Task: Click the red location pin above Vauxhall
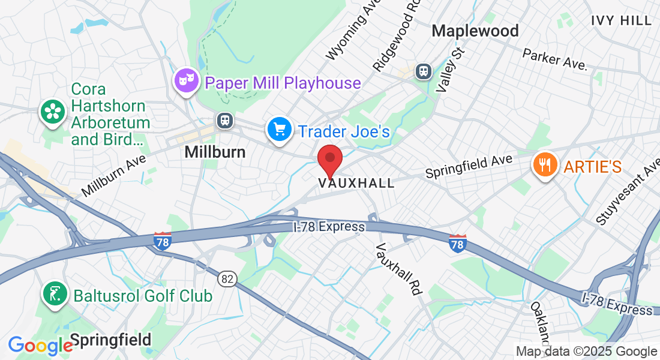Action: pyautogui.click(x=329, y=158)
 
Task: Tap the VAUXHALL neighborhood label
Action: pyautogui.click(x=357, y=183)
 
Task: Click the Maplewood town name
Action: pyautogui.click(x=475, y=31)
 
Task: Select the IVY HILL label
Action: pyautogui.click(x=621, y=20)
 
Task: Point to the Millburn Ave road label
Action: pyautogui.click(x=114, y=173)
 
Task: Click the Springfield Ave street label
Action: pyautogui.click(x=469, y=166)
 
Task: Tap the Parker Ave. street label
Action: pyautogui.click(x=554, y=59)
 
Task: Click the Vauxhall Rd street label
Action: pyautogui.click(x=397, y=269)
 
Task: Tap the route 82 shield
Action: pyautogui.click(x=229, y=278)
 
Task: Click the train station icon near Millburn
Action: pyautogui.click(x=226, y=120)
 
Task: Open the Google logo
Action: pyautogui.click(x=40, y=346)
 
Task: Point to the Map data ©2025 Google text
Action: pyautogui.click(x=587, y=352)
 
